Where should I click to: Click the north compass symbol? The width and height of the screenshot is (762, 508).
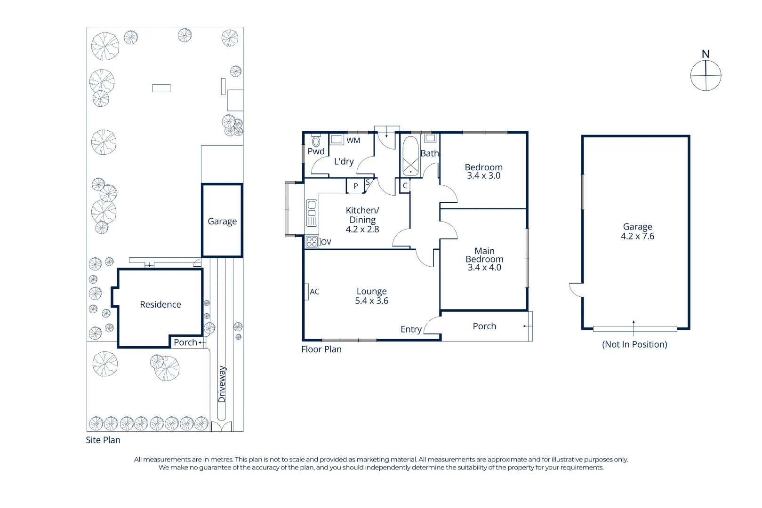point(706,75)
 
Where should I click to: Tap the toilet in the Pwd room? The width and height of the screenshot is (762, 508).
point(316,141)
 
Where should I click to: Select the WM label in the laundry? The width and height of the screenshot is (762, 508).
point(353,140)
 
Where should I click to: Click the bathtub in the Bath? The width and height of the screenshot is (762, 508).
point(410,157)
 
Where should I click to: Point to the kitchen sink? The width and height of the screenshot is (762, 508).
point(312,213)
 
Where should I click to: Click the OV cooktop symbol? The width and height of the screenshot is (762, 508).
point(312,242)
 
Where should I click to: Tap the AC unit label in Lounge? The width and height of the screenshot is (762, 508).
point(314,292)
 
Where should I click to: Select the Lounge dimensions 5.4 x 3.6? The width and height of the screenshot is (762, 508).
point(371,301)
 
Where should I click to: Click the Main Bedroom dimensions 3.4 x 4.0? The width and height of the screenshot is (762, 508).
point(484,268)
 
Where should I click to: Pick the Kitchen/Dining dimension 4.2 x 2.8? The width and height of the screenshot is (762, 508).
point(362,230)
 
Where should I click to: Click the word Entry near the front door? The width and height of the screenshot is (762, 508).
point(411,329)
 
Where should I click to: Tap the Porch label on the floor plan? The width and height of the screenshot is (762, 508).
point(484,326)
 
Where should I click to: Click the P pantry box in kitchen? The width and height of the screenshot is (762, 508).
point(355,186)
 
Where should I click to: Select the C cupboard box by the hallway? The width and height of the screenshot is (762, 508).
point(405,186)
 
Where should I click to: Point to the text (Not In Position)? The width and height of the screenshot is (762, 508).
point(634,344)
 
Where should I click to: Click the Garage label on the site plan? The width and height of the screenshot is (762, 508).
point(222,221)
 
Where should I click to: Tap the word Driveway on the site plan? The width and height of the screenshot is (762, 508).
point(222,384)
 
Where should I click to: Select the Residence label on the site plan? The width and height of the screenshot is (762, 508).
point(160,304)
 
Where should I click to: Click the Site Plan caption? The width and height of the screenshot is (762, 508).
point(103,440)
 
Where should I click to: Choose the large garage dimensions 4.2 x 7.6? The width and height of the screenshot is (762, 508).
point(637,237)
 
